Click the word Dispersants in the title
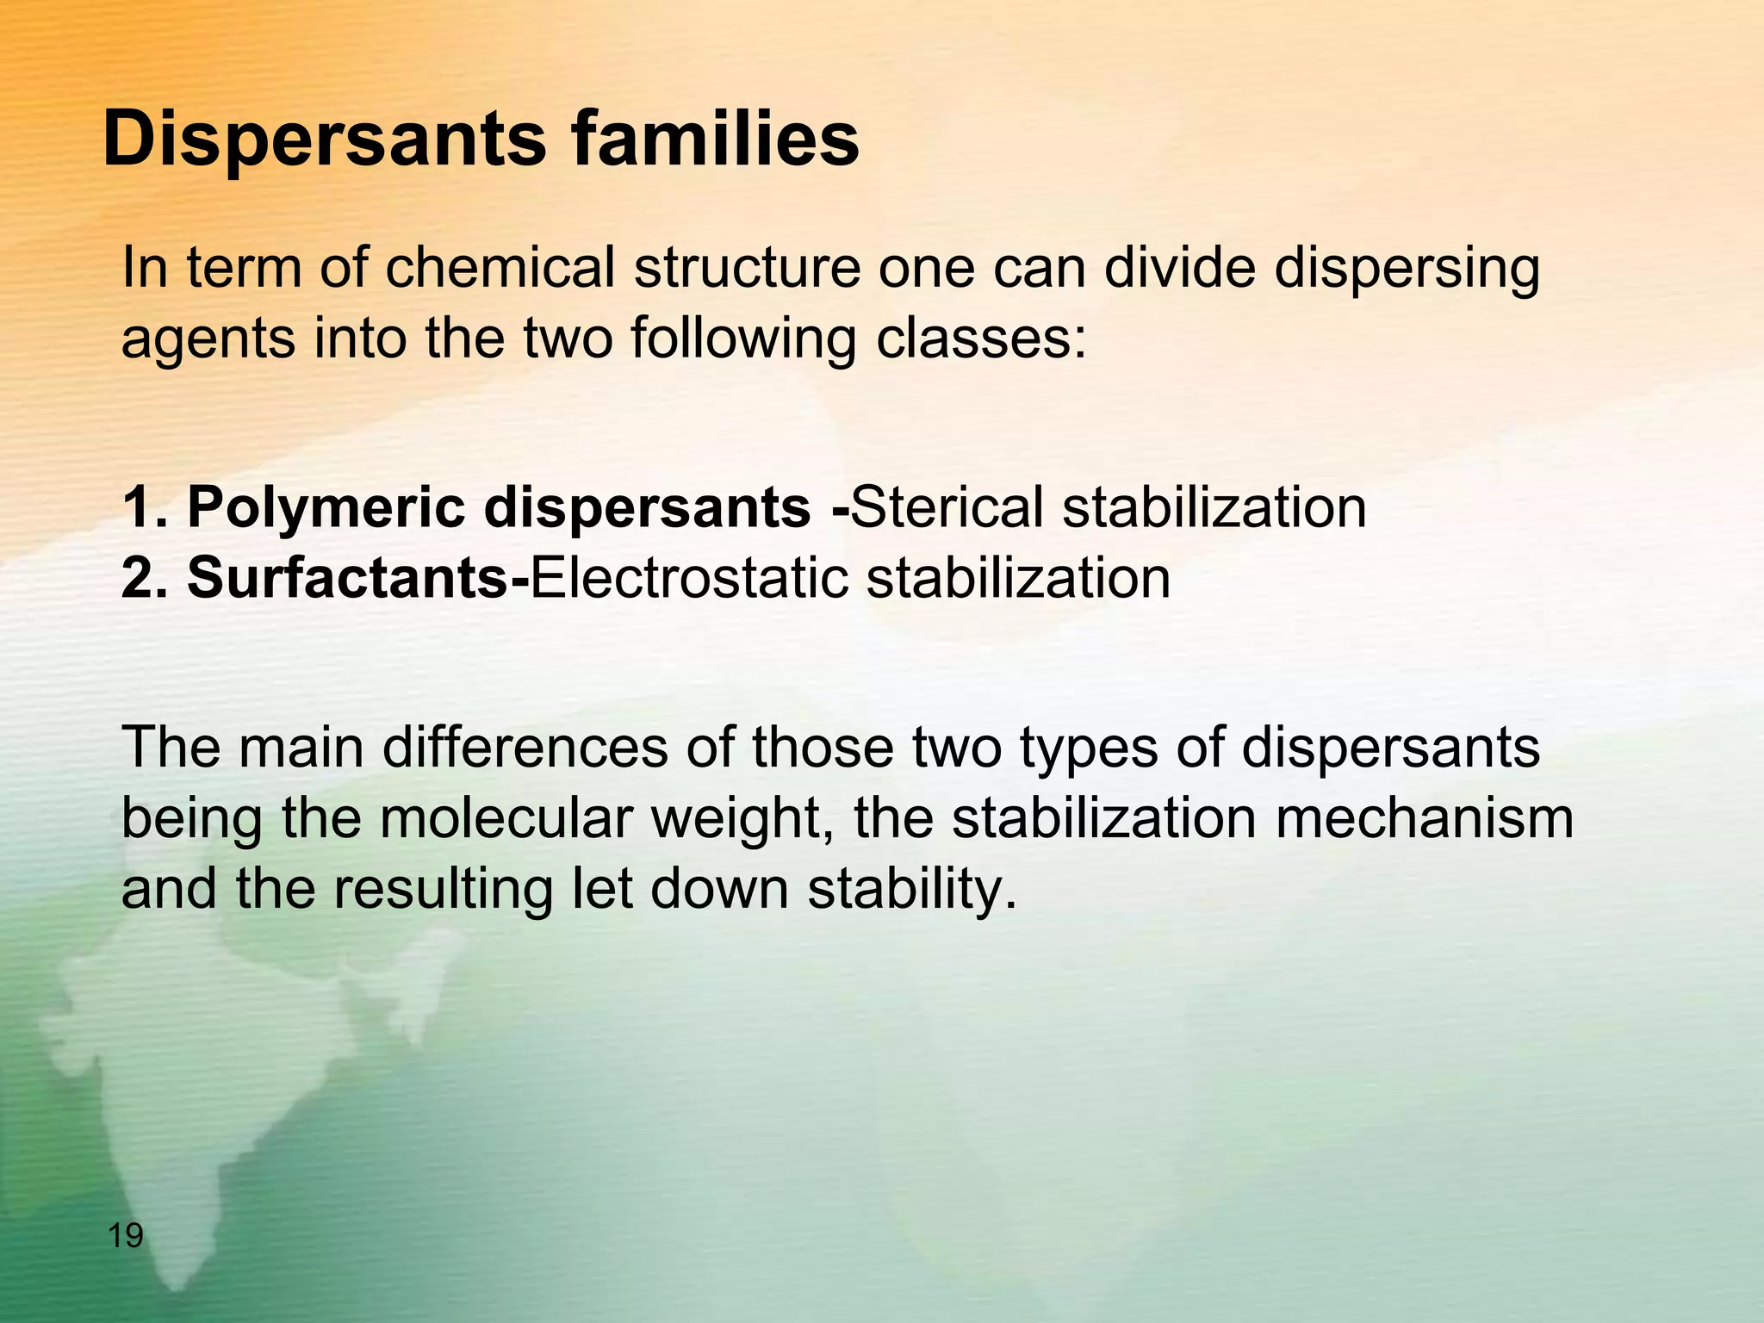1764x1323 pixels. (324, 140)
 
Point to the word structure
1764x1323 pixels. (748, 268)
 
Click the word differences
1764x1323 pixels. (525, 748)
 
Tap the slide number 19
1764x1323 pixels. (126, 1237)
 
